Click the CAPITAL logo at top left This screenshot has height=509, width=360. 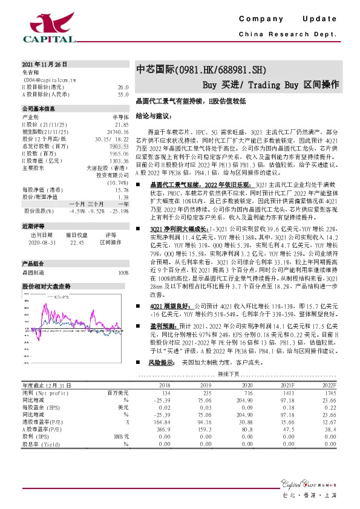[49, 28]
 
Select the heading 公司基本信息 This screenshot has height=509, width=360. [39, 109]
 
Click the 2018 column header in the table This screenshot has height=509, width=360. [165, 384]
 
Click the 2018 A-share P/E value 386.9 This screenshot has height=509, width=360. [164, 429]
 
